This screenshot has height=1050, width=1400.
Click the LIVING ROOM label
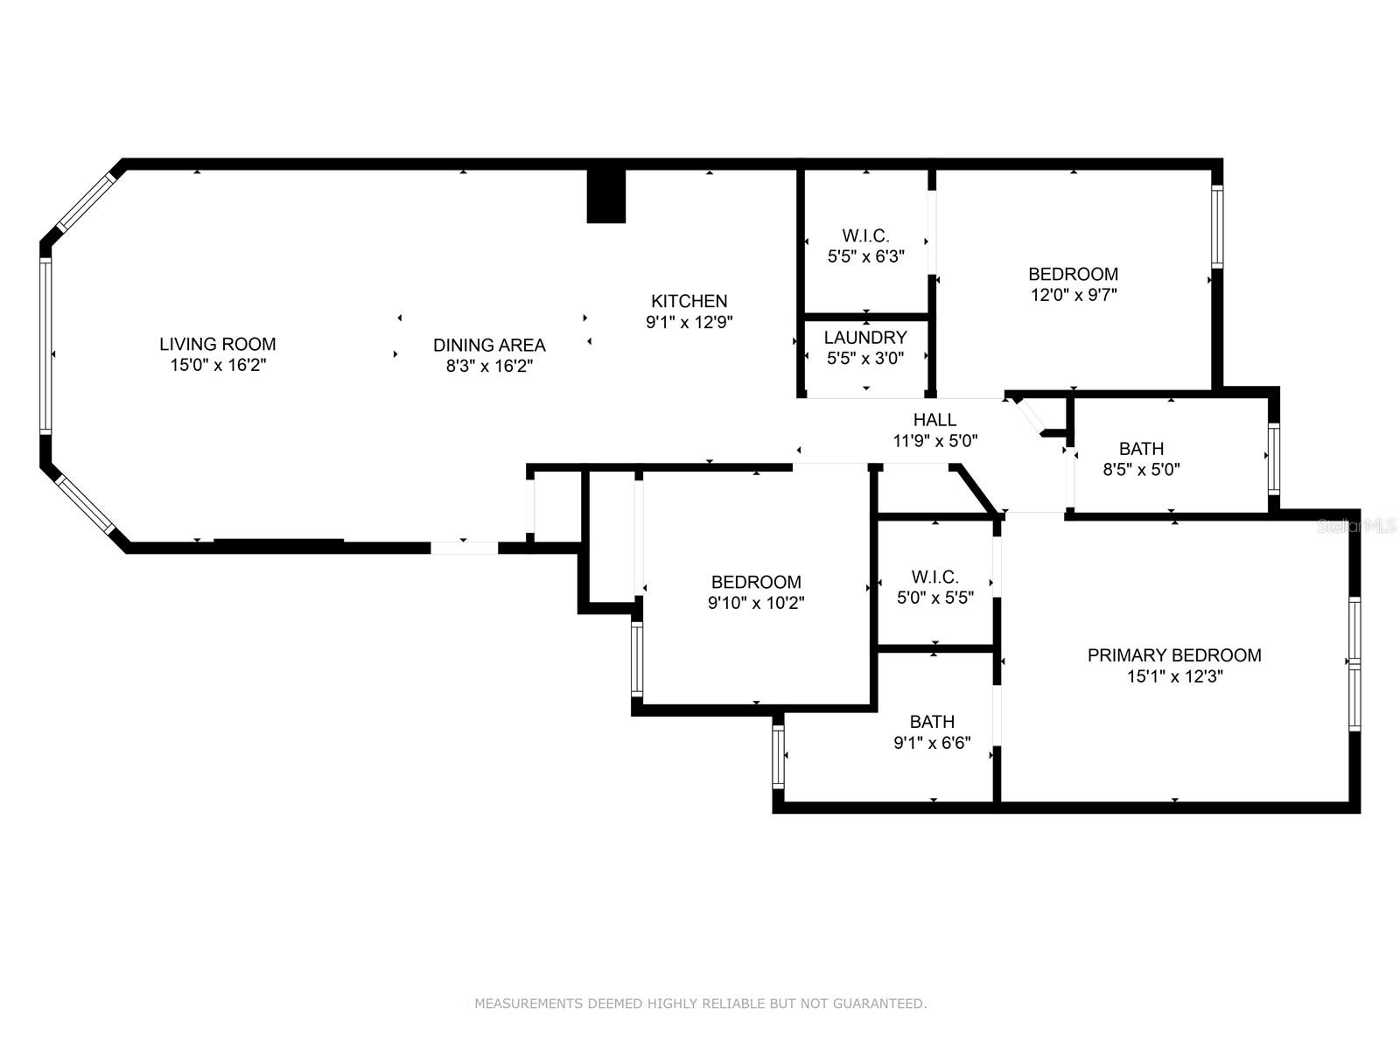click(218, 344)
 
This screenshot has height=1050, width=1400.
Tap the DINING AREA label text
click(489, 346)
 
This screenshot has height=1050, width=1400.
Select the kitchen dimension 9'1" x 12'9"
click(689, 322)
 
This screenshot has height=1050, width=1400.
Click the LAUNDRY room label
click(865, 337)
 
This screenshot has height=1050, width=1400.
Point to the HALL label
click(935, 419)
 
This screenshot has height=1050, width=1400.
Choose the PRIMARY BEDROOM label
click(1174, 655)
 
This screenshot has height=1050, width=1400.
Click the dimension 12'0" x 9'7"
click(1074, 295)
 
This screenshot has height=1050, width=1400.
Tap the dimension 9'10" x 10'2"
click(756, 603)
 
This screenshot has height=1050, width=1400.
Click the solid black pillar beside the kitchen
click(605, 196)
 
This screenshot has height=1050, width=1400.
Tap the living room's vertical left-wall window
click(45, 346)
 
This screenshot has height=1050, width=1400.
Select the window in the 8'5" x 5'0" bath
click(1274, 459)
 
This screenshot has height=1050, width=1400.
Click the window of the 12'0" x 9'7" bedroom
click(1217, 227)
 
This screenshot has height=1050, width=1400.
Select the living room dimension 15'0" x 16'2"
click(218, 365)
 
